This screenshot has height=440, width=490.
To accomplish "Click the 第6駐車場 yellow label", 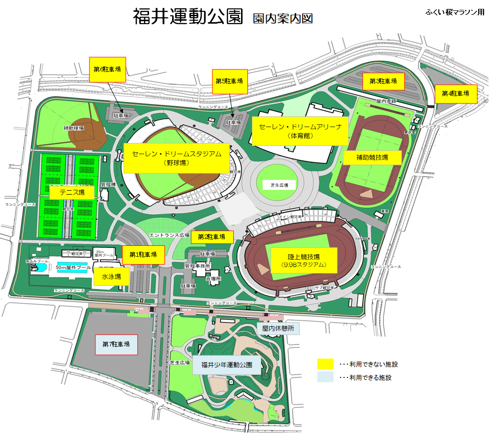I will point(107,69).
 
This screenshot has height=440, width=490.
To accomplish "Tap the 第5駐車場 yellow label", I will point(229,80).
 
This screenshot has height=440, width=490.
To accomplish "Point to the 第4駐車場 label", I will point(456,93).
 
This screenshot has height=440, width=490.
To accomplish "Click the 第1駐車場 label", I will point(143,255).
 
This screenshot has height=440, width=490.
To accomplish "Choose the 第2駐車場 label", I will point(212,237).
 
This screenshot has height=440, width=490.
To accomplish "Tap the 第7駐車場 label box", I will point(116,344).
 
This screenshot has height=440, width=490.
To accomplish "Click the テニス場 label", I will point(72,192).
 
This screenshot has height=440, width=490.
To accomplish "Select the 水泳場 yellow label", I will point(111,277).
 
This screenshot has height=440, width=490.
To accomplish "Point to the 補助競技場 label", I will point(372,158).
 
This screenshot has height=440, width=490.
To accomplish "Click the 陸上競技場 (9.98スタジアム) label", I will point(304,261).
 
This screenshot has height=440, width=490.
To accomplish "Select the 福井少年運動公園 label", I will point(226,365).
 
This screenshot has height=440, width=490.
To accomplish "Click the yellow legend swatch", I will point(325,365).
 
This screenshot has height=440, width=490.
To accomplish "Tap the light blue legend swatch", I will point(325,378).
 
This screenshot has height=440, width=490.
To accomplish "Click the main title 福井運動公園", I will point(188,17).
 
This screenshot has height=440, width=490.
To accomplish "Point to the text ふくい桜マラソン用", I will point(455,12).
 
